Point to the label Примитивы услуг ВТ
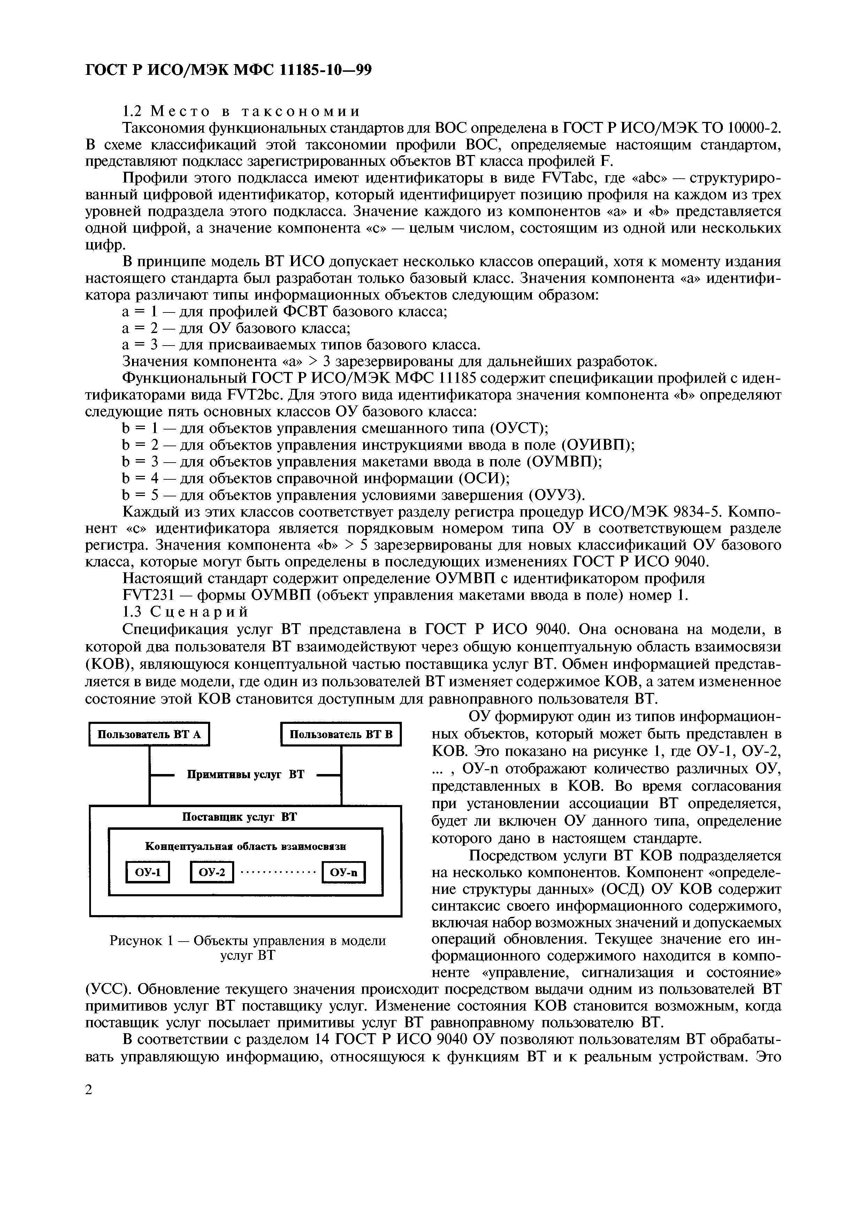click(x=245, y=774)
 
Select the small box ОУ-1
click(x=147, y=872)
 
